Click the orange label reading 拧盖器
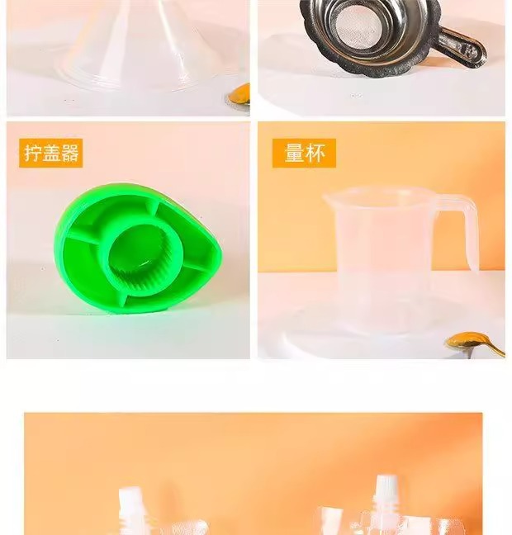(51, 153)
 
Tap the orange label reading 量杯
(304, 153)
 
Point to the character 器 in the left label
(69, 153)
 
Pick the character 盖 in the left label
(51, 153)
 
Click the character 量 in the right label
(295, 153)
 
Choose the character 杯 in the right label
(315, 153)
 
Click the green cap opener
(138, 248)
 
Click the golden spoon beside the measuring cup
(475, 343)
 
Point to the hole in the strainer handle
(470, 51)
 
